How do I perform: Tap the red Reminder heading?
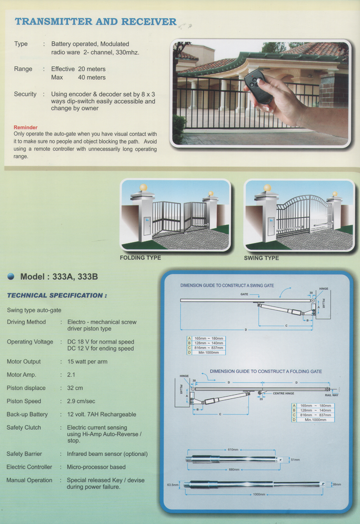26,127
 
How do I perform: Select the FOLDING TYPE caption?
140,258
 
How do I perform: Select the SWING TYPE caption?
261,258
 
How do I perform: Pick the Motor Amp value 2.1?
72,375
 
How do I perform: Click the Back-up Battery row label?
27,415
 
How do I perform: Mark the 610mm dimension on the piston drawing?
234,450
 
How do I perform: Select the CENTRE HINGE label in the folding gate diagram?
283,393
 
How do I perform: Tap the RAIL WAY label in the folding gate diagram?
331,395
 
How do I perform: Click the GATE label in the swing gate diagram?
244,295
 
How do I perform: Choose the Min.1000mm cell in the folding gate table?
315,420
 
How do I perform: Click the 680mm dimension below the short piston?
234,470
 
